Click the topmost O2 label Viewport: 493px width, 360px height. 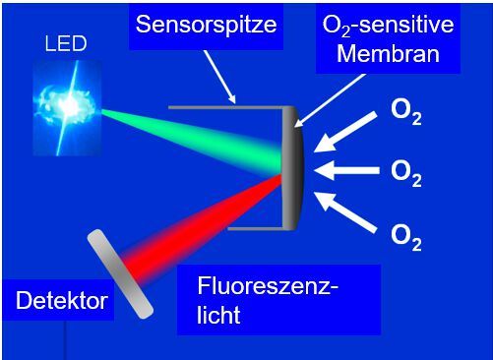406,113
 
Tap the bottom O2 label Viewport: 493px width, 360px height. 406,236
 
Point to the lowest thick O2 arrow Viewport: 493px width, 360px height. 350,210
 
